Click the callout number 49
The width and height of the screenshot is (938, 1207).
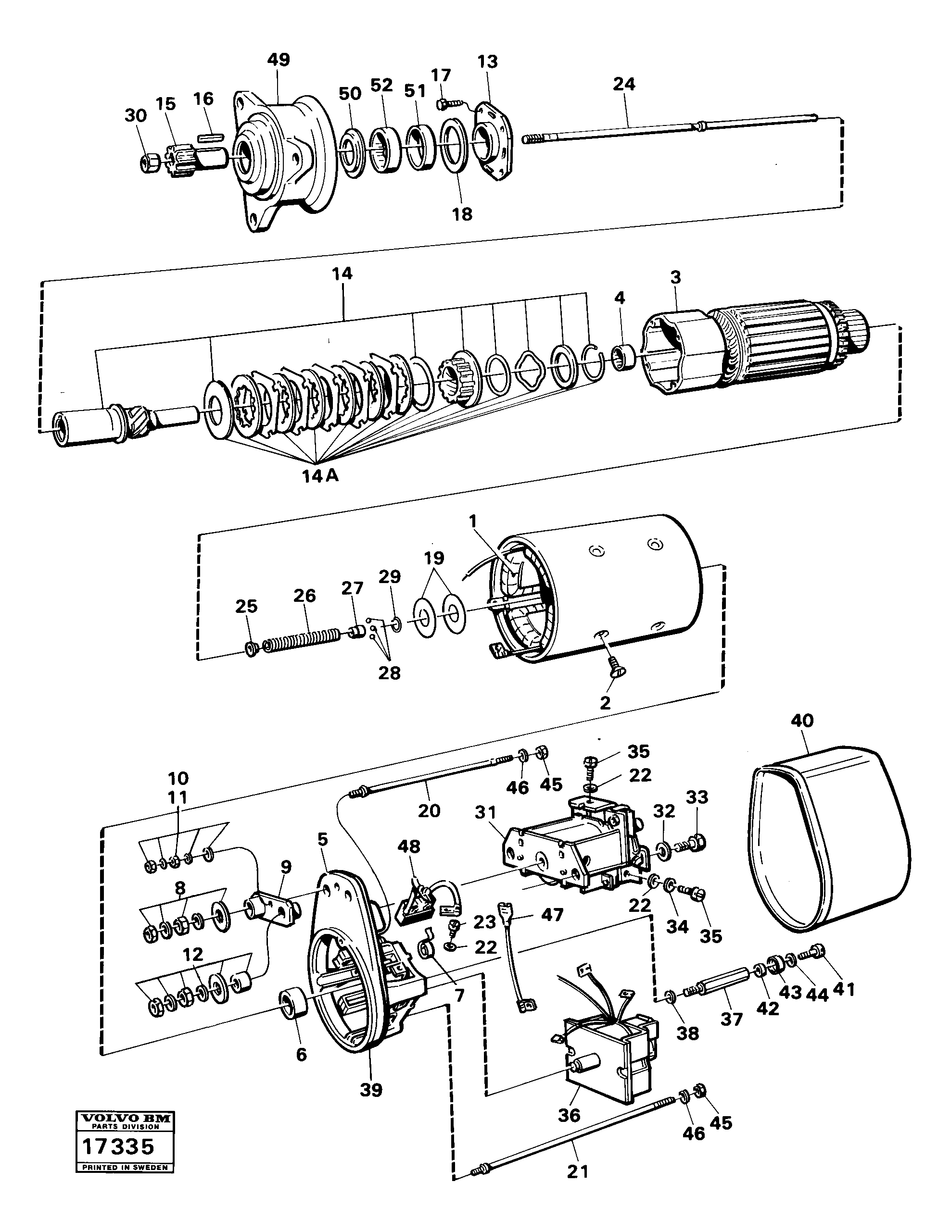coord(278,60)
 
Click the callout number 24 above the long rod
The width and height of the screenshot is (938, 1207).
coord(624,84)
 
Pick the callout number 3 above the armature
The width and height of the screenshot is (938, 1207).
coord(676,277)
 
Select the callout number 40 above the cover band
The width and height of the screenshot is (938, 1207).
coord(802,721)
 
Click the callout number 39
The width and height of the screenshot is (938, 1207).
coord(370,1090)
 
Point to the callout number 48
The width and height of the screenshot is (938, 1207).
coord(409,846)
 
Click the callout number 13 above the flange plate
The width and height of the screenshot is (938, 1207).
coord(487,62)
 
